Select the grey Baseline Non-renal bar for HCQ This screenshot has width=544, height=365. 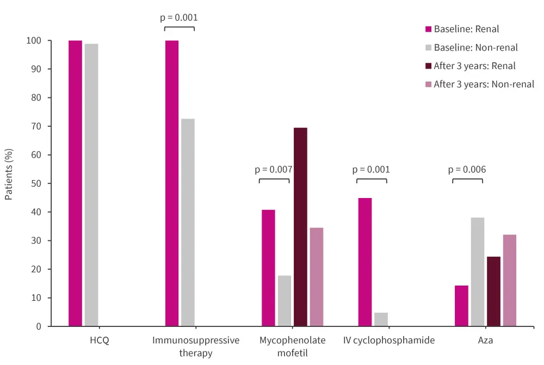[x=91, y=185]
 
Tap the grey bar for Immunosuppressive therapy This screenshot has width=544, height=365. [x=188, y=222]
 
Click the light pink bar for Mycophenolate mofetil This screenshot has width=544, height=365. [x=317, y=277]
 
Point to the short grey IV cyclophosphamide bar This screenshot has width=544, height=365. [x=381, y=319]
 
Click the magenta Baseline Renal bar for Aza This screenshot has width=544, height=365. [x=461, y=306]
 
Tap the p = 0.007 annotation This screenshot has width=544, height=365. [x=274, y=169]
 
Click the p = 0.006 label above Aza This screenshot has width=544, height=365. [x=467, y=169]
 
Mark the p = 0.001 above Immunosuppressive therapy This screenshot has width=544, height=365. [x=179, y=17]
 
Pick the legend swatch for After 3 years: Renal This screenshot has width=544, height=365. [x=428, y=66]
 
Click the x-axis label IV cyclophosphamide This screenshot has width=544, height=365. [x=389, y=341]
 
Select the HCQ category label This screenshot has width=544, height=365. [x=99, y=341]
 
